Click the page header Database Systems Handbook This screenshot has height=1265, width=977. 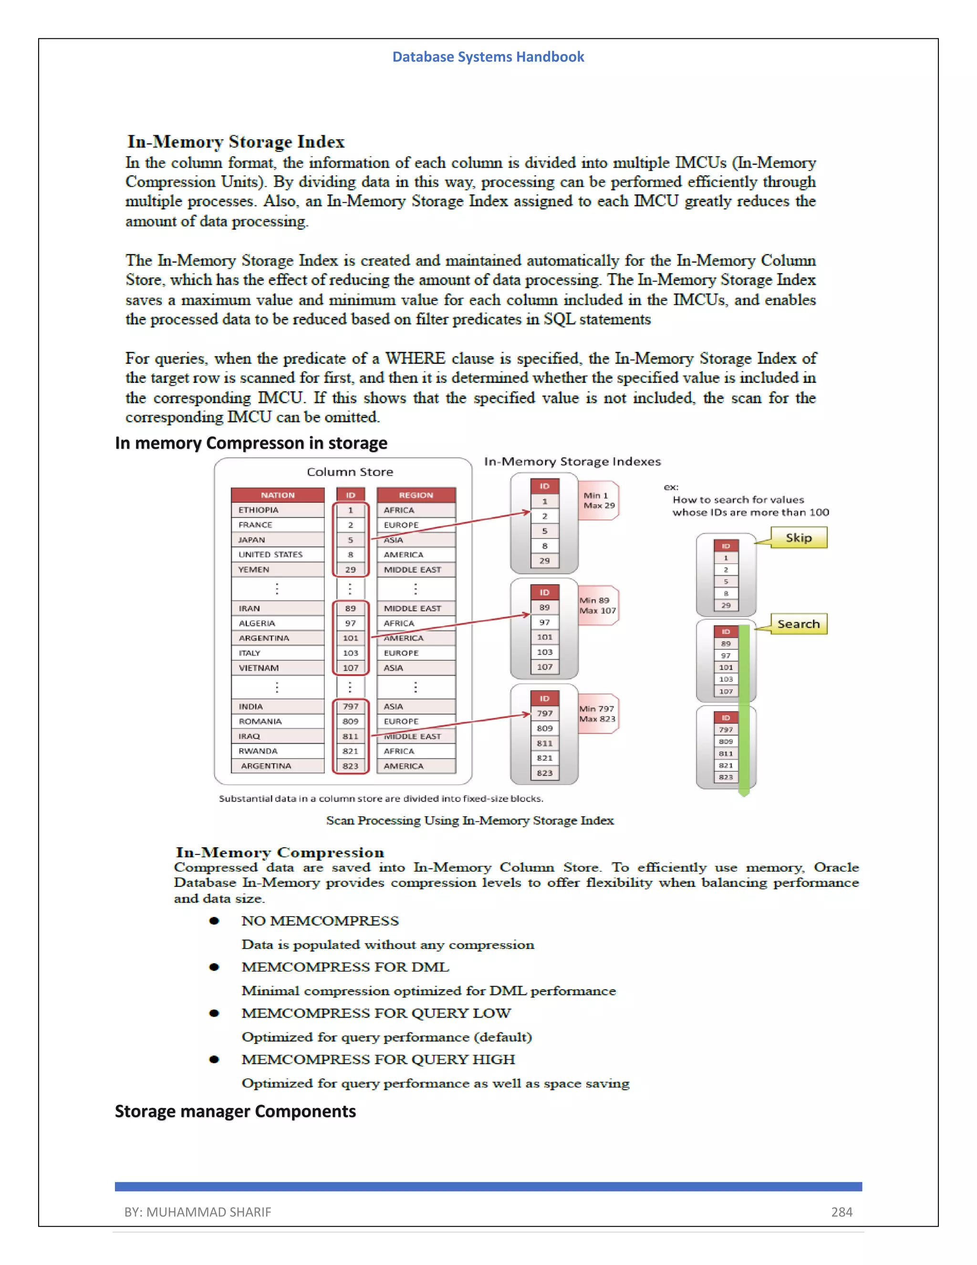488,57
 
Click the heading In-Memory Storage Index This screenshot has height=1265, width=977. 236,142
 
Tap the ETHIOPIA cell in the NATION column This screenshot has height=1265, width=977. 259,510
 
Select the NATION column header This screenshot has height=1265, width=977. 277,495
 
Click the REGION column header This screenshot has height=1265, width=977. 416,495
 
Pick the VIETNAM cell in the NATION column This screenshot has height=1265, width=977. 259,668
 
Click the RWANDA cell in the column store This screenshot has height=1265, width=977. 258,751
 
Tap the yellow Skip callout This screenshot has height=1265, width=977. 798,538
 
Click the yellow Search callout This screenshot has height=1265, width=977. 798,624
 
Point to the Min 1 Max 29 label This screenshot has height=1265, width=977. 599,500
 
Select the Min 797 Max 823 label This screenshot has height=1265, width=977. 597,714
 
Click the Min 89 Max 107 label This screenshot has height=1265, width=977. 597,605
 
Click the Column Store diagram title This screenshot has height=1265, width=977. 350,472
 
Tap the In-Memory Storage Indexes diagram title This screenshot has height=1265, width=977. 572,462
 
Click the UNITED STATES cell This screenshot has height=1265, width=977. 270,554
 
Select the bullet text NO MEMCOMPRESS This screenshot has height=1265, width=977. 320,921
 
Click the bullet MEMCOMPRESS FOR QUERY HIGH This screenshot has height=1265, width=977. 378,1059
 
